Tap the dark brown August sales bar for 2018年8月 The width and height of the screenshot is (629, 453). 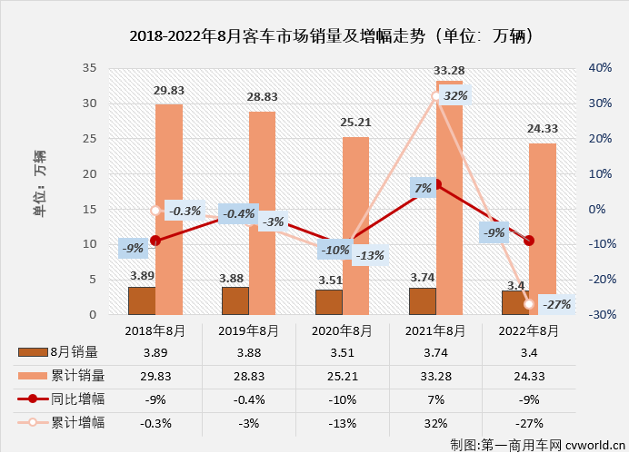[141, 300]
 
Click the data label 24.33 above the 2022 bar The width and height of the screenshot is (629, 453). [543, 129]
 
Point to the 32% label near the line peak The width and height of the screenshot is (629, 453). [455, 95]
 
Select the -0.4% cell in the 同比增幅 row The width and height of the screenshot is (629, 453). [248, 399]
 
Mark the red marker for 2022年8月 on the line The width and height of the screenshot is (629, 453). [529, 241]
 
